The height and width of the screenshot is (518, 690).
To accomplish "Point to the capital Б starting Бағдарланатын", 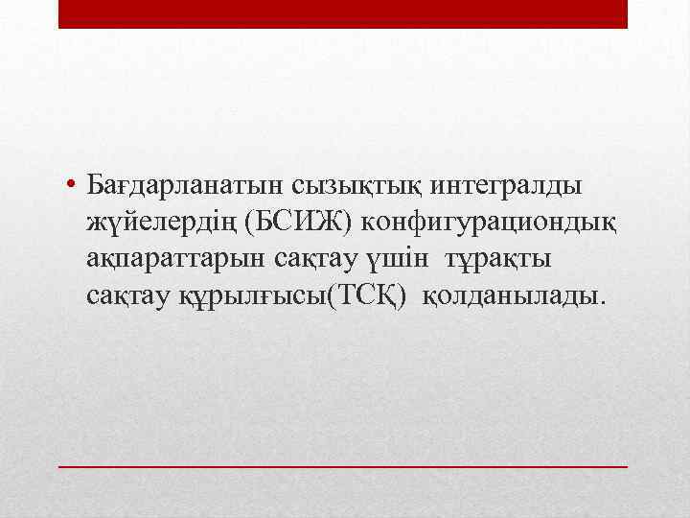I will (x=94, y=181).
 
